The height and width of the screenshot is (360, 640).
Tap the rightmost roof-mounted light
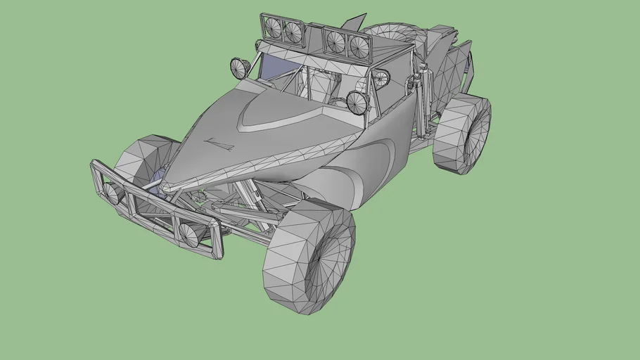coord(358,46)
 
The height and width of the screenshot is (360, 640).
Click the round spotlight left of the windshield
coord(240,67)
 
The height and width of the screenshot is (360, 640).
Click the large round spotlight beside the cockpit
coord(357,103)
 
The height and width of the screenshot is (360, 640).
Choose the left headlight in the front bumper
coord(113,193)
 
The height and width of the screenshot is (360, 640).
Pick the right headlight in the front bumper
coord(188,233)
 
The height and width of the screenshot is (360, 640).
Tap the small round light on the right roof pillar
coord(380,78)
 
